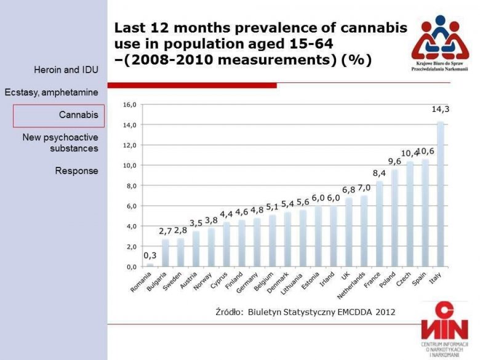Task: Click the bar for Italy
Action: pyautogui.click(x=441, y=194)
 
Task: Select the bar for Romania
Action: pyautogui.click(x=150, y=265)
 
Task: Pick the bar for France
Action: pyautogui.click(x=380, y=224)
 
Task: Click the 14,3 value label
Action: pyautogui.click(x=440, y=110)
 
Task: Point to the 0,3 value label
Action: pyautogui.click(x=150, y=255)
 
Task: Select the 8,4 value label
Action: pyautogui.click(x=379, y=173)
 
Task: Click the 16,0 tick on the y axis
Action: pyautogui.click(x=129, y=105)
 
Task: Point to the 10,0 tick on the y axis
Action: pyautogui.click(x=129, y=166)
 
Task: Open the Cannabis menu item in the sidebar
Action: pyautogui.click(x=59, y=115)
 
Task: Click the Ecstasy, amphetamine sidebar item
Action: pyautogui.click(x=52, y=92)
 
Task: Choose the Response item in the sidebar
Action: pyautogui.click(x=77, y=170)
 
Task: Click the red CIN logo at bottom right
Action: pyautogui.click(x=443, y=321)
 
